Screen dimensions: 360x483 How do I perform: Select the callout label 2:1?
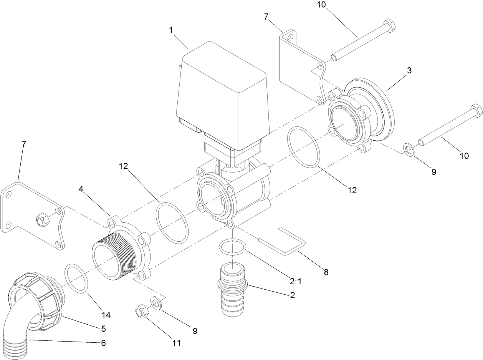pos(296,281)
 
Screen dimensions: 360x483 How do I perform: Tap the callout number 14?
pos(106,315)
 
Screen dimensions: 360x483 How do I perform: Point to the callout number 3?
pos(409,71)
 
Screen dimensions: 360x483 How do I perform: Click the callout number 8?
pos(326,272)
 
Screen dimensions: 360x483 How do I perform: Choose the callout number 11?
pos(176,343)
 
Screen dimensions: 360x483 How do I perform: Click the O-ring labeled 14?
pos(77,278)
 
